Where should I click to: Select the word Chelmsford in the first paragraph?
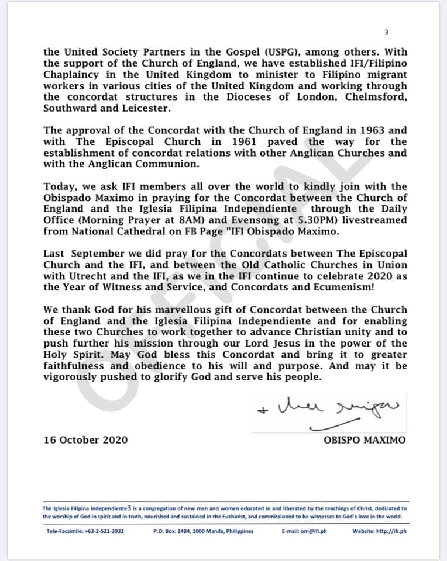[375, 97]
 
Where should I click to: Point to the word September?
[111, 253]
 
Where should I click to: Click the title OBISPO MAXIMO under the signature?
[364, 440]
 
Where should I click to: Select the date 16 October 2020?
[85, 440]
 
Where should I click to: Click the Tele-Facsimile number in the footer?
[85, 531]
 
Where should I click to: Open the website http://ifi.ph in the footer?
[380, 531]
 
